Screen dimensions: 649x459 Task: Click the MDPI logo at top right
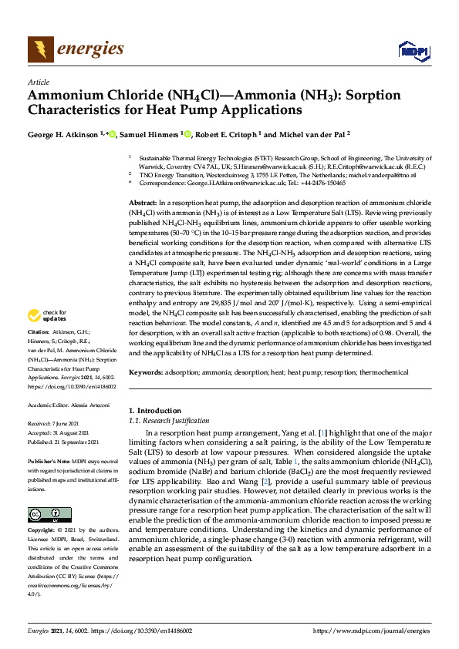point(413,51)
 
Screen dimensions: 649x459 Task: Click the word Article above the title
point(38,82)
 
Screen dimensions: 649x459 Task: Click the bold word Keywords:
point(145,372)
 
